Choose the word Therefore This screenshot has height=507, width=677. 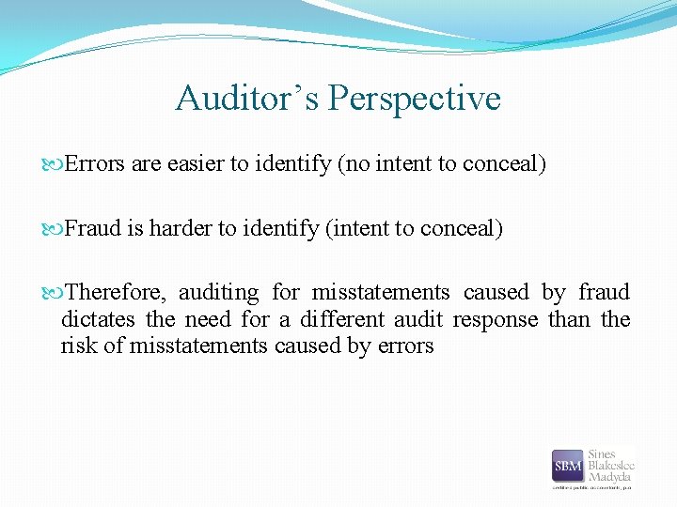[114, 292]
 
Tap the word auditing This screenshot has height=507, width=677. [218, 292]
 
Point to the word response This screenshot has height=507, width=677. [496, 319]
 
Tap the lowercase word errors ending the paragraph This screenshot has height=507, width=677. [405, 346]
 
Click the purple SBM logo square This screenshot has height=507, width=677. [568, 466]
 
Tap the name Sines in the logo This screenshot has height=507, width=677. [603, 454]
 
